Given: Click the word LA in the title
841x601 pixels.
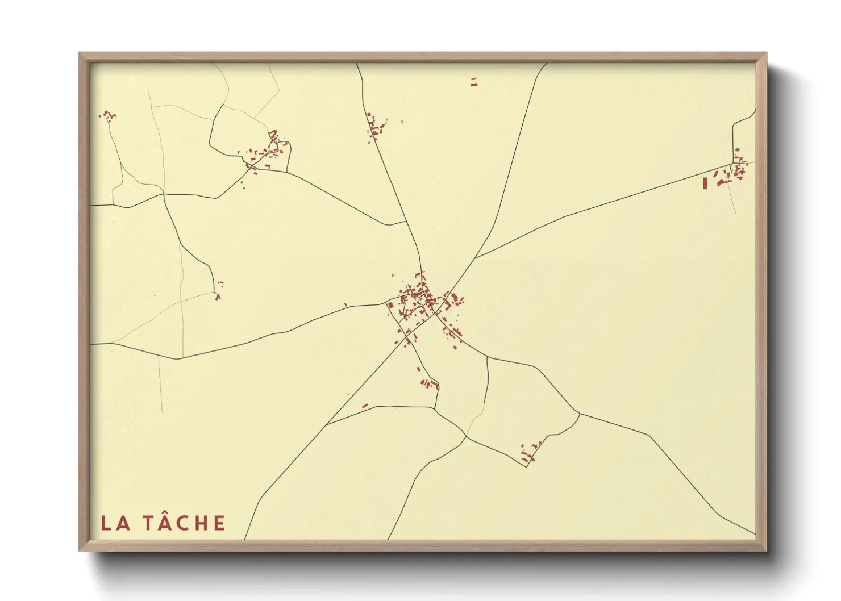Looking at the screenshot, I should pos(116,523).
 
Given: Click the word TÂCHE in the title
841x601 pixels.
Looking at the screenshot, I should pos(183,523).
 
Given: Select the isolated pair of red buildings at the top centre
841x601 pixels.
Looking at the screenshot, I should pos(474,82).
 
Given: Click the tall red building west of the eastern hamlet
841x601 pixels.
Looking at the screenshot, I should pos(705,183).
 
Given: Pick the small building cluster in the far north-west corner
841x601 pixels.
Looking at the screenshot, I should pos(107,116).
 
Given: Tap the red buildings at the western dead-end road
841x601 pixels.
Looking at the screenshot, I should pos(218,295).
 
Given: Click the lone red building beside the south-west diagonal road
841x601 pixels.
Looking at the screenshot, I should pos(365,406).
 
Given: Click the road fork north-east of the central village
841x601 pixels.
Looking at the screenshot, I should pos(475,258).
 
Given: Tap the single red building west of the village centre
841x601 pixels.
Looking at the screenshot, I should pos(345,304).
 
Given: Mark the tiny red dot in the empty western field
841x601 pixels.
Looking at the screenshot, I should pos(155,295).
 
